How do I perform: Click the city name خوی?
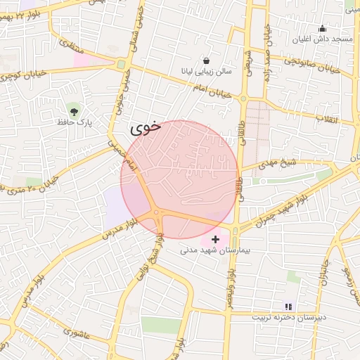point(146,129)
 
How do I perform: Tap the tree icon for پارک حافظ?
point(74,110)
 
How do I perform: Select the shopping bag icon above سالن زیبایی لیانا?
point(206,60)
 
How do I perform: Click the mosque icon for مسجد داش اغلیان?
point(322,28)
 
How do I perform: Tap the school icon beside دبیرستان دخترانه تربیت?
point(287,306)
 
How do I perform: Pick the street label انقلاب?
point(328,118)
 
